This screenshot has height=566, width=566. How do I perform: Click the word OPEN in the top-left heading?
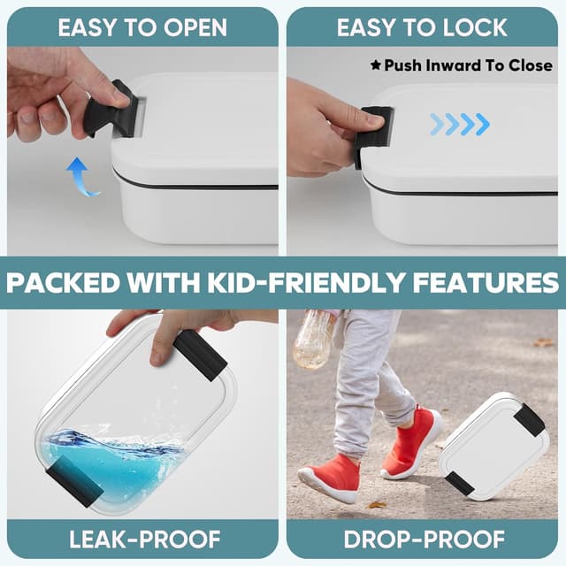[x=195, y=27]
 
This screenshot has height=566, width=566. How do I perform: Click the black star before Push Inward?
[x=376, y=65]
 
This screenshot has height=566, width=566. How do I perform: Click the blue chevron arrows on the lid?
[x=460, y=124]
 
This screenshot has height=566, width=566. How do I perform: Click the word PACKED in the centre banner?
[x=64, y=282]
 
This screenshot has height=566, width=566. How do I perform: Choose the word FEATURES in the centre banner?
[x=486, y=282]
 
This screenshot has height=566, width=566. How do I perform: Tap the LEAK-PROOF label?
[x=144, y=539]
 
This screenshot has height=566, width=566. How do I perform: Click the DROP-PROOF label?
[x=424, y=539]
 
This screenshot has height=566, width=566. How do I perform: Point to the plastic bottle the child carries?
[x=312, y=339]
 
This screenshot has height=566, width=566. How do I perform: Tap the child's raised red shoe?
[x=411, y=442]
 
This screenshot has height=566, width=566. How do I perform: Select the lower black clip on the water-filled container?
[x=75, y=481]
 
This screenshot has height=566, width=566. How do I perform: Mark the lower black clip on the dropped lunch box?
[x=460, y=483]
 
